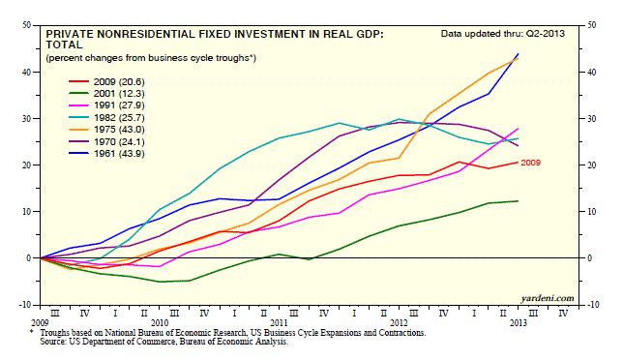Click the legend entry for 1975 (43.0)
(x=106, y=130)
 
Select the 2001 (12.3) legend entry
(x=106, y=94)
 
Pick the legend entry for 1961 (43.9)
(x=106, y=154)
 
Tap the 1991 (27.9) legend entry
(x=106, y=105)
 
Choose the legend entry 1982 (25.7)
(x=106, y=118)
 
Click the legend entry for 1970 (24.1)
(x=106, y=142)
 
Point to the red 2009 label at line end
(x=530, y=163)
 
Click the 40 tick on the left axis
(x=26, y=72)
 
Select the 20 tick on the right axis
(x=592, y=165)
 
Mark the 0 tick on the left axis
(x=28, y=258)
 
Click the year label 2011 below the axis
(x=280, y=322)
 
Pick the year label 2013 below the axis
(x=519, y=322)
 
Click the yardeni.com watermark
(x=548, y=298)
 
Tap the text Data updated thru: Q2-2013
(x=503, y=34)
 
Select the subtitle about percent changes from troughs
(x=151, y=58)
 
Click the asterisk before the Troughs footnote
(x=31, y=331)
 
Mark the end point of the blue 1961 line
(x=519, y=53)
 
